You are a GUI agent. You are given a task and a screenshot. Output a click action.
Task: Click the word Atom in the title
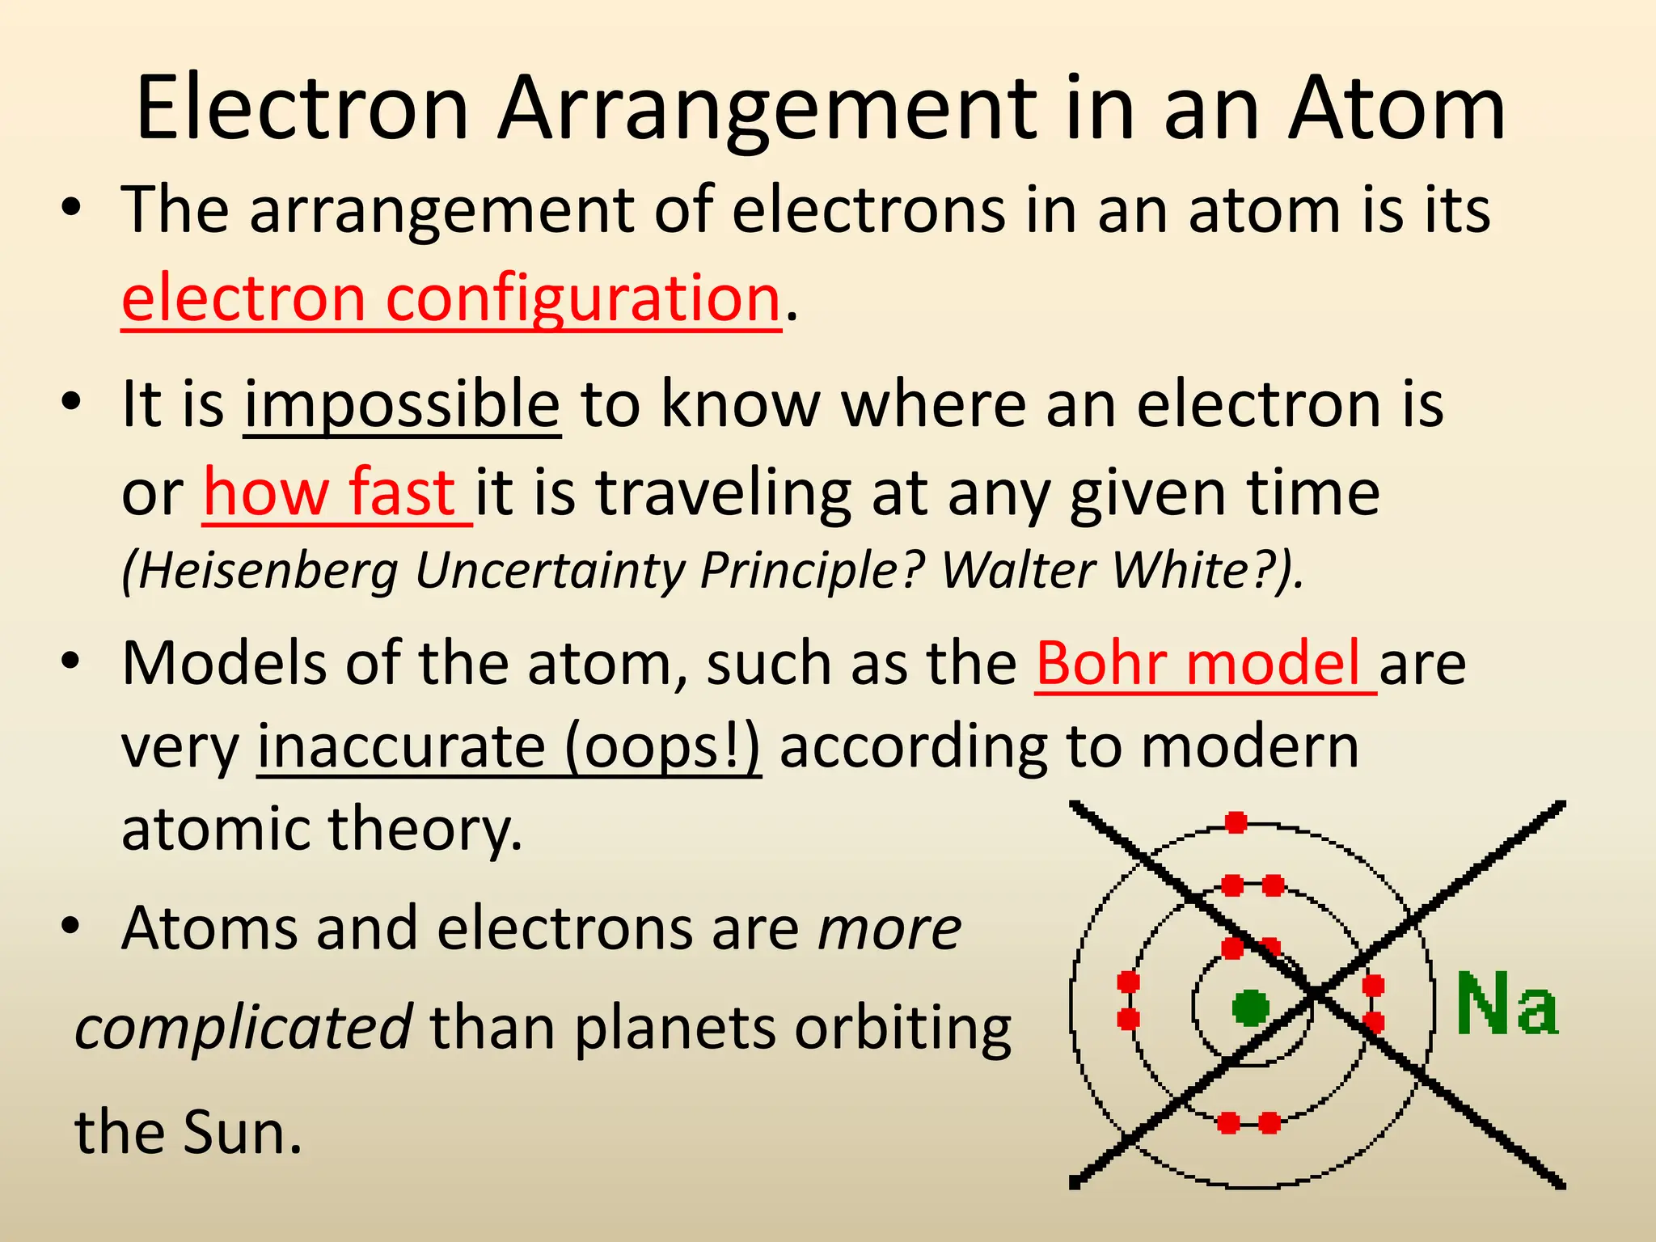(1397, 109)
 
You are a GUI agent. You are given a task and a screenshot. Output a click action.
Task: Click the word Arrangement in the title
(767, 109)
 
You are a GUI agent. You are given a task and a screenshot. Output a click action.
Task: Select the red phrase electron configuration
(450, 298)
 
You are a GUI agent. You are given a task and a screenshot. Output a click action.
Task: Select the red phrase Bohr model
(1198, 664)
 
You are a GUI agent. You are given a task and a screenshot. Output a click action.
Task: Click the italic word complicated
(243, 1028)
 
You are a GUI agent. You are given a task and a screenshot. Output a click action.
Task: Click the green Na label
(1506, 1004)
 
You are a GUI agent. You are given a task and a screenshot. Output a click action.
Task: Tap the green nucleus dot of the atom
(1250, 1008)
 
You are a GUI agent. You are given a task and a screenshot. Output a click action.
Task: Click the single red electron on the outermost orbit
(1236, 823)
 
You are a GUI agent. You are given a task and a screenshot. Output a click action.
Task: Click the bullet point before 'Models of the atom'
(71, 662)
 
